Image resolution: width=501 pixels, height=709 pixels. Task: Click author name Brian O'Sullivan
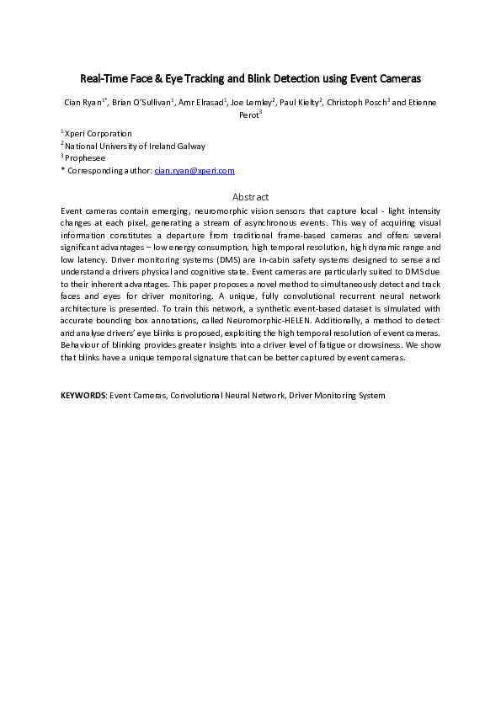tap(145, 102)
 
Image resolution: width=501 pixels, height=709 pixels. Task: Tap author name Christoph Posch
tap(358, 102)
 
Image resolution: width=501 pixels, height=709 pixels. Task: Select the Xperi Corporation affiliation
tap(99, 133)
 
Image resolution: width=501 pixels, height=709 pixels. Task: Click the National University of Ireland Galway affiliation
tap(136, 146)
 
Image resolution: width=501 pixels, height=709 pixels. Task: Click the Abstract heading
tap(250, 196)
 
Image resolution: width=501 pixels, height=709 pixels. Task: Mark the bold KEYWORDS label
tap(83, 395)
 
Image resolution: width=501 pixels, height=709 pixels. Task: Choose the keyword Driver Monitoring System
tap(337, 395)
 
